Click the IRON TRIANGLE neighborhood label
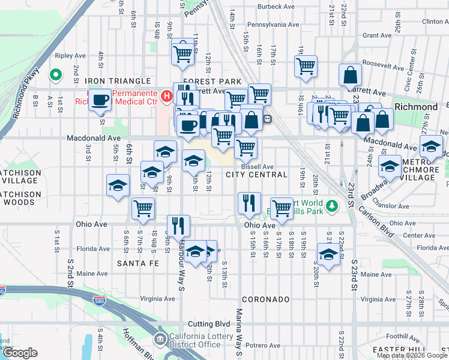(117, 81)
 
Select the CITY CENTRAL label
(256, 175)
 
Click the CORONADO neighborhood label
(265, 299)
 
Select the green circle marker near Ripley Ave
(55, 75)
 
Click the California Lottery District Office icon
(160, 340)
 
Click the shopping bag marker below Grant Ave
(350, 75)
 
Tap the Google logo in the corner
(19, 353)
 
